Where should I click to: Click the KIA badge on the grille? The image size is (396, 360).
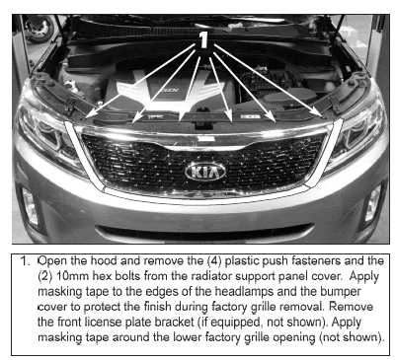[205, 172]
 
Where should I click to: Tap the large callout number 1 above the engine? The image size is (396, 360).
[203, 39]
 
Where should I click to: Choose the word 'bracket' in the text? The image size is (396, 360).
[176, 322]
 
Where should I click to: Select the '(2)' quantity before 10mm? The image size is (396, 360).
[45, 276]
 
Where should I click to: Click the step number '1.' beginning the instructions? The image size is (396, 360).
[26, 261]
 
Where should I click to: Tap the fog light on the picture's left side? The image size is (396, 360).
[31, 206]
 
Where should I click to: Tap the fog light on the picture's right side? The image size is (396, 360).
[373, 203]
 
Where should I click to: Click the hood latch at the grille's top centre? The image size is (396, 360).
[200, 124]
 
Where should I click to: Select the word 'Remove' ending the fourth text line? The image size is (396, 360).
[351, 307]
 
